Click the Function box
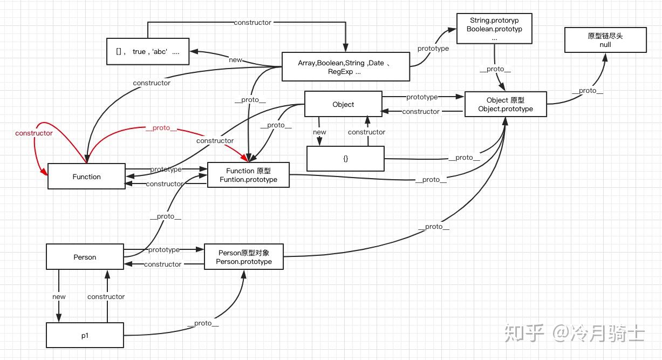click(x=86, y=176)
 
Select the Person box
click(x=85, y=256)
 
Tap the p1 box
click(x=85, y=335)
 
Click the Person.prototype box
click(x=244, y=256)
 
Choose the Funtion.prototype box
click(x=248, y=175)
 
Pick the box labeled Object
click(x=343, y=104)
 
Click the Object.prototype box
click(x=506, y=104)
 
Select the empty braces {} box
click(x=345, y=159)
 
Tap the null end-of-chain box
click(x=605, y=40)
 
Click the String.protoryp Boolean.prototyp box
click(x=494, y=29)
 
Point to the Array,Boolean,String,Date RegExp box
click(x=346, y=66)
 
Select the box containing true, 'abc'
click(x=148, y=51)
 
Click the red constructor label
click(x=33, y=133)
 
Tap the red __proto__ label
click(x=161, y=128)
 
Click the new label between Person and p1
click(x=59, y=296)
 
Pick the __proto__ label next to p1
click(x=203, y=323)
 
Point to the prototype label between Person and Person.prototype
click(x=164, y=250)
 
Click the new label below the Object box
click(x=319, y=132)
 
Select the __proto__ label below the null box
click(x=588, y=91)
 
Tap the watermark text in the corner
click(x=574, y=333)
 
